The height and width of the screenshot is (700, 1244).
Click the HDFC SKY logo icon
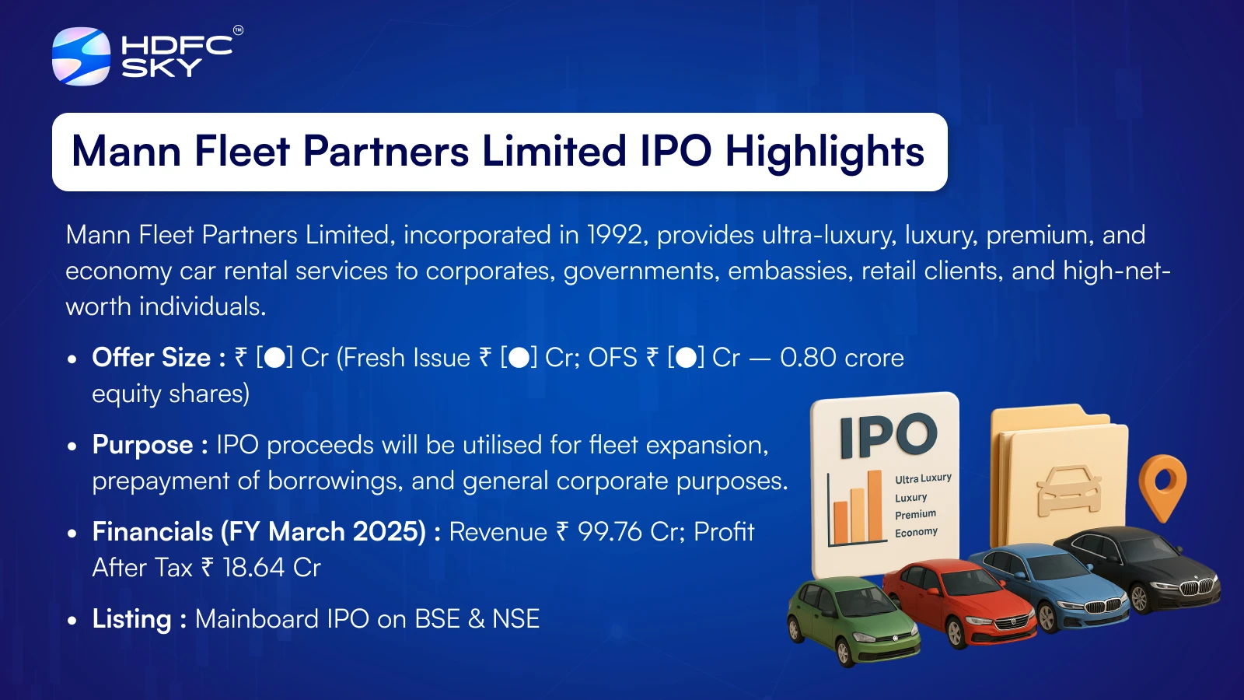pyautogui.click(x=81, y=56)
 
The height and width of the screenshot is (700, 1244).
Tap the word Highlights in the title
pyautogui.click(x=825, y=151)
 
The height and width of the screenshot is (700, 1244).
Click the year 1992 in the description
pyautogui.click(x=614, y=235)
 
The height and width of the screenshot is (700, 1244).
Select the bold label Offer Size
pyautogui.click(x=151, y=357)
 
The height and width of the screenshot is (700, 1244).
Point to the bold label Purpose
pyautogui.click(x=142, y=445)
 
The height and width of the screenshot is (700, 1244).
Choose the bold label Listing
pyautogui.click(x=131, y=619)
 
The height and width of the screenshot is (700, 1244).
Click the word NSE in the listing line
pyautogui.click(x=516, y=619)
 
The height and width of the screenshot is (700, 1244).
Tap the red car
pyautogui.click(x=959, y=604)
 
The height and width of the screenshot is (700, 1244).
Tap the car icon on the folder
pyautogui.click(x=1069, y=490)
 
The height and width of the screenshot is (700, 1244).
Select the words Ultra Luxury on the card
pyautogui.click(x=923, y=478)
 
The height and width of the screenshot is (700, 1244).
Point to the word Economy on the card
pyautogui.click(x=916, y=532)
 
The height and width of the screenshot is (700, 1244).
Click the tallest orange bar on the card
pyautogui.click(x=875, y=506)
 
